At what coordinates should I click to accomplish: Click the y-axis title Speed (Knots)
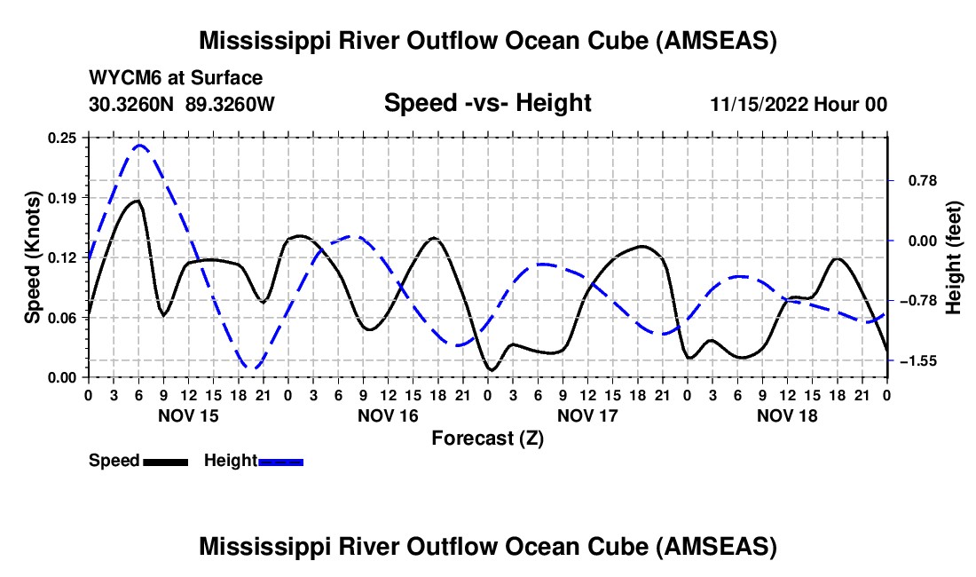pos(33,257)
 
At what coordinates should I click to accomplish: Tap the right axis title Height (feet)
pos(954,257)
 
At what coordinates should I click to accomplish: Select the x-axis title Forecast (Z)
pos(487,438)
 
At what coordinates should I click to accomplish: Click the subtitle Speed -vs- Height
pos(487,104)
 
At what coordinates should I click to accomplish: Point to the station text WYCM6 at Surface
pos(176,78)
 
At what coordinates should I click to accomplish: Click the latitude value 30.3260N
pos(132,104)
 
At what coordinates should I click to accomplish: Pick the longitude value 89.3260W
pos(231,104)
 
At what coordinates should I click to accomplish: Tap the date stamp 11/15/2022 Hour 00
pos(799,104)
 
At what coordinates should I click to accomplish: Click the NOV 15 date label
pos(188,415)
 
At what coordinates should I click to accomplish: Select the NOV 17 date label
pos(587,415)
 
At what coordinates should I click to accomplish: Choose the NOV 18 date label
pos(787,415)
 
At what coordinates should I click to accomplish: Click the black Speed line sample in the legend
pos(164,461)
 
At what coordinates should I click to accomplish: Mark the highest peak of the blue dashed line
pos(139,145)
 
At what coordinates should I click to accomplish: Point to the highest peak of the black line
pos(137,201)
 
